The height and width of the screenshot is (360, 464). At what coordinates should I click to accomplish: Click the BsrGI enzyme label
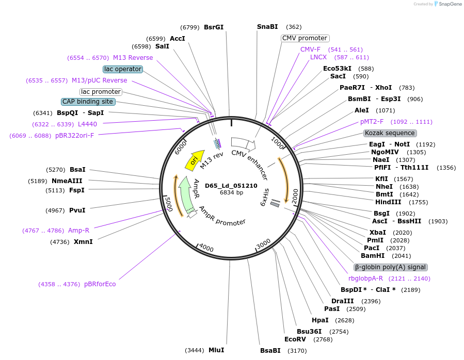tap(214, 27)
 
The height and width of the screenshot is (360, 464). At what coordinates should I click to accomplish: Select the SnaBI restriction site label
tap(267, 27)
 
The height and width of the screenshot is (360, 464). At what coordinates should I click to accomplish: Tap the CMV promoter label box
tap(305, 38)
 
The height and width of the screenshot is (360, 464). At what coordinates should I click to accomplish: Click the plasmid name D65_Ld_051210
tap(231, 186)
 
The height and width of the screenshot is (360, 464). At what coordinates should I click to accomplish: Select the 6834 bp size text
tap(231, 192)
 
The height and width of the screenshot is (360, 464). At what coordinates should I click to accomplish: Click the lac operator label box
tap(122, 69)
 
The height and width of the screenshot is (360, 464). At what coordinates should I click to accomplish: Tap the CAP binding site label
tap(87, 102)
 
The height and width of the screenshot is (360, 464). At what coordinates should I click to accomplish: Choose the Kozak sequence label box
tap(389, 133)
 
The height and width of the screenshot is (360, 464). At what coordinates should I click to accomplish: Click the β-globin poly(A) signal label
tap(390, 267)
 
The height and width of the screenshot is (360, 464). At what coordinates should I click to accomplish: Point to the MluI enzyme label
tap(216, 350)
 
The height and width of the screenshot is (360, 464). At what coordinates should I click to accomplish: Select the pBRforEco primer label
tap(100, 284)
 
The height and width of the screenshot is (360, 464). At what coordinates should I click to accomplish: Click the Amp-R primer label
tap(78, 231)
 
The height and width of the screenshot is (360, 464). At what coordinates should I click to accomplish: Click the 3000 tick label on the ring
tap(263, 242)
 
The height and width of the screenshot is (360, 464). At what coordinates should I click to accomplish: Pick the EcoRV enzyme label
tap(295, 339)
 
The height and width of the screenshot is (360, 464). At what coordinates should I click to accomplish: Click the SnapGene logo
tap(447, 4)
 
